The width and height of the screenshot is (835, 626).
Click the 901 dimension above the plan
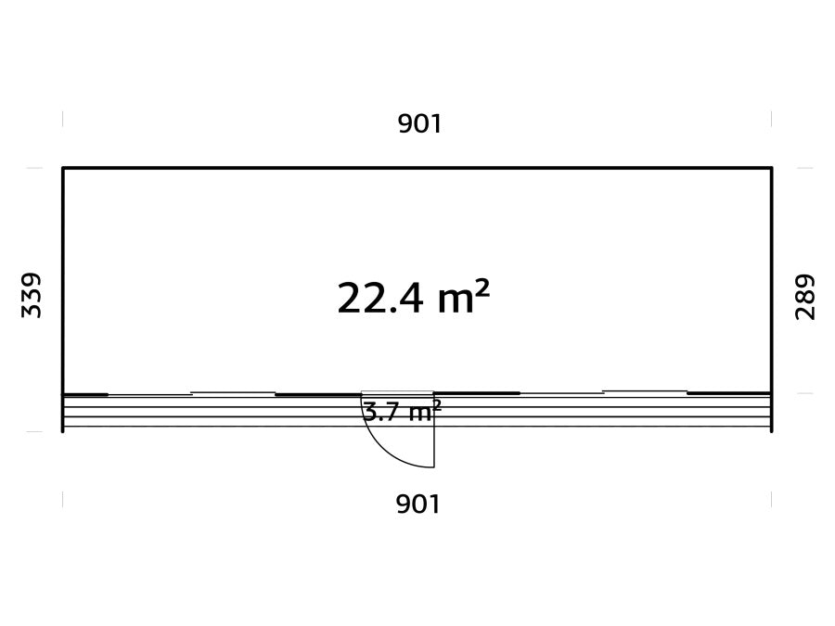(x=419, y=124)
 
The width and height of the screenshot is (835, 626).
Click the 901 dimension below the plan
(x=418, y=504)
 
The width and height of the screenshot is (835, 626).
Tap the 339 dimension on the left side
(x=31, y=296)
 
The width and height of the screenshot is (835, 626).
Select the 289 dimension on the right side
(x=804, y=297)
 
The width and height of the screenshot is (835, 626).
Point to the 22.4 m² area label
(x=413, y=298)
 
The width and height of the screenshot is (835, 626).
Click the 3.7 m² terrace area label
(x=402, y=412)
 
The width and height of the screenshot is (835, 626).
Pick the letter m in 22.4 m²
(x=456, y=302)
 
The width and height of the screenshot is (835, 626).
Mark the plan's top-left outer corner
(x=63, y=168)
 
